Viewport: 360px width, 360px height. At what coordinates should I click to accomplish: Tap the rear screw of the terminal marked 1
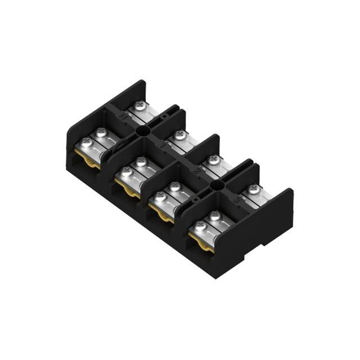(179, 134)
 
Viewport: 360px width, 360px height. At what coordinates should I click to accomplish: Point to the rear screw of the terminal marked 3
(254, 190)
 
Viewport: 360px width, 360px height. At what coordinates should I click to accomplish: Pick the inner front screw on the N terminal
(102, 132)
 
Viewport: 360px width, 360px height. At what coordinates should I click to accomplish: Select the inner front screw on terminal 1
(141, 161)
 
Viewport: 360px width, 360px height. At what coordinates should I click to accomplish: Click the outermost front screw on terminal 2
(160, 197)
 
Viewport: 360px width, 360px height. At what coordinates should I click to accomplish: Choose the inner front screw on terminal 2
(175, 186)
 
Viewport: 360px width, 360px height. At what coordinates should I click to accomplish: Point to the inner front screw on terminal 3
(214, 215)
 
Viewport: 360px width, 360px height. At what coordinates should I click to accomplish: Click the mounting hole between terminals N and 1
(143, 130)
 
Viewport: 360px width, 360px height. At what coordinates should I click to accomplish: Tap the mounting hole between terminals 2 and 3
(217, 184)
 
